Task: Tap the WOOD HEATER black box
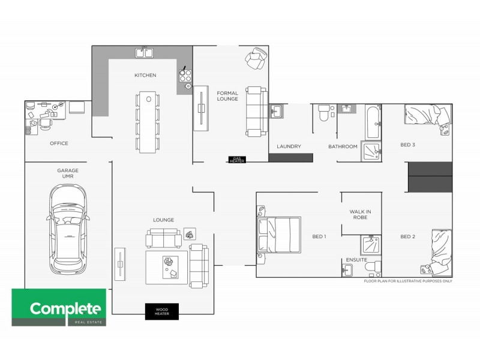coord(162,311)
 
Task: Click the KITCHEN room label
coord(145,75)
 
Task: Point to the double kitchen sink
coord(143,53)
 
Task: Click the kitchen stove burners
coord(184,76)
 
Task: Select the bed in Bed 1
coord(278,234)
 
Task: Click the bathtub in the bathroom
coord(372,122)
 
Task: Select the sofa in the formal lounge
coord(255,110)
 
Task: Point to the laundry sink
coord(277,111)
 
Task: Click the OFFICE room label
coord(59,143)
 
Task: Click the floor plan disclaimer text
coord(408,281)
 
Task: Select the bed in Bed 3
coord(427,115)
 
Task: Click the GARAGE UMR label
coord(68,173)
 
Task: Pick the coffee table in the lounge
coord(166,266)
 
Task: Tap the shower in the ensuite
coord(370,245)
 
